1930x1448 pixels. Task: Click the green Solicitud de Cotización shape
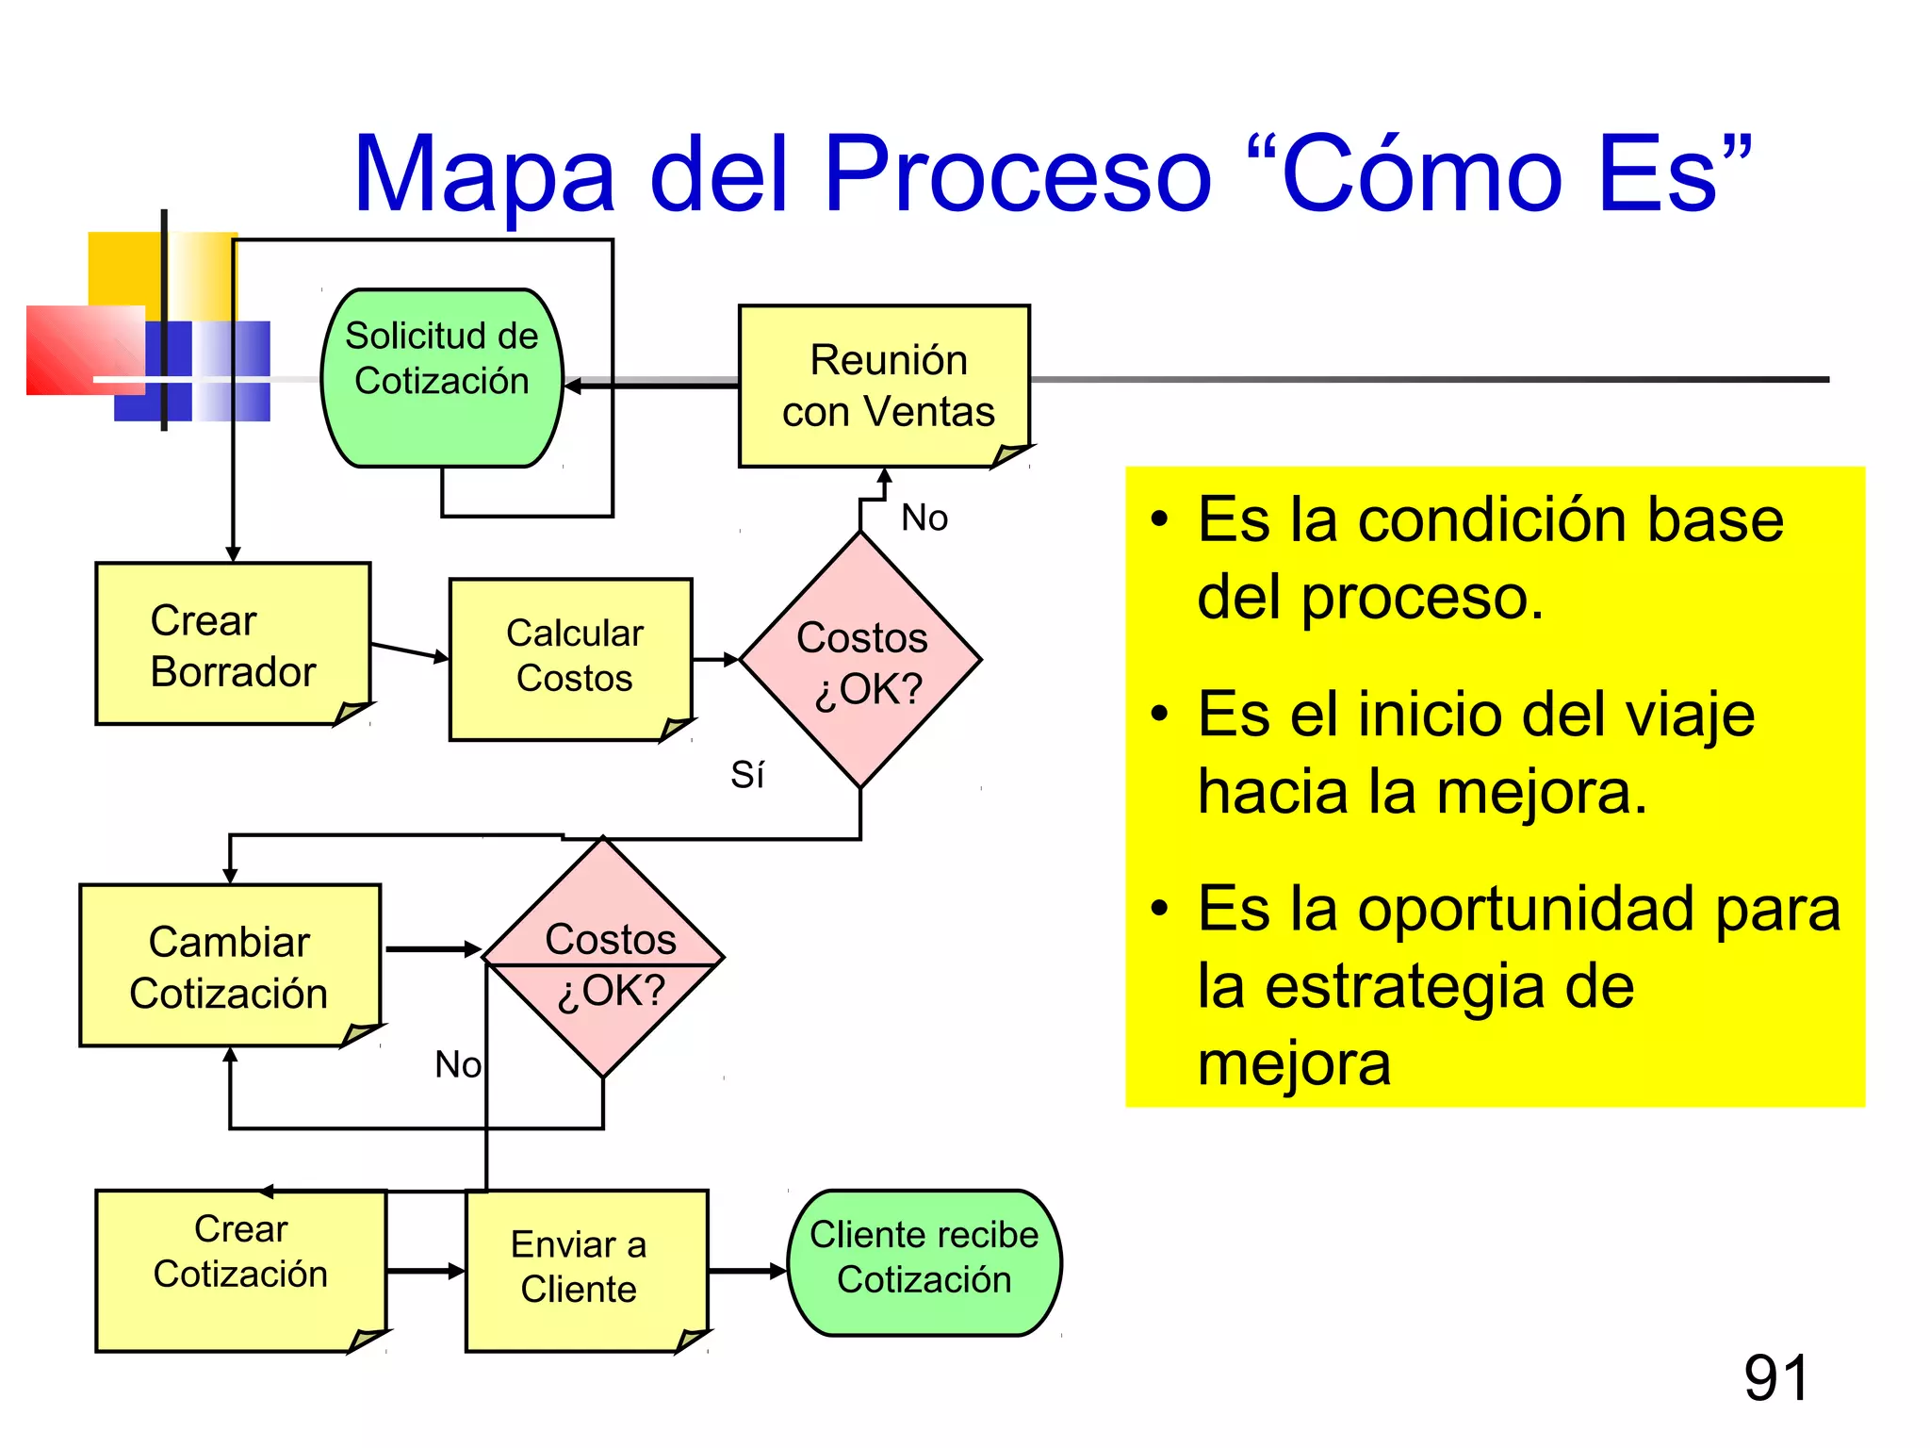441,377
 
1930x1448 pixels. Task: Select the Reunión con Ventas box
883,386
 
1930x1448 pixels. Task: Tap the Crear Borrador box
232,644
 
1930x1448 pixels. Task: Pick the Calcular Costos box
571,657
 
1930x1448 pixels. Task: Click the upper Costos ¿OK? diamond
860,661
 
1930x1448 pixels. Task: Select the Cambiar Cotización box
230,965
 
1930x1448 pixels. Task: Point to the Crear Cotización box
240,1269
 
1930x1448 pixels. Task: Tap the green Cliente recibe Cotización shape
924,1261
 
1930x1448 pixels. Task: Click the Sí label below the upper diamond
747,775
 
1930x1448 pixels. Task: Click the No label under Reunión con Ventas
924,518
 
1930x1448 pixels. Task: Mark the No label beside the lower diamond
457,1064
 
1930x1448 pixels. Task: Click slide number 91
1775,1378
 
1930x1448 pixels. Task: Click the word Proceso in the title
1017,173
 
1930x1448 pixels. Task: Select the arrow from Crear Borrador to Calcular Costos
410,651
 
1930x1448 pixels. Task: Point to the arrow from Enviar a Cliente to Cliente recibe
747,1271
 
